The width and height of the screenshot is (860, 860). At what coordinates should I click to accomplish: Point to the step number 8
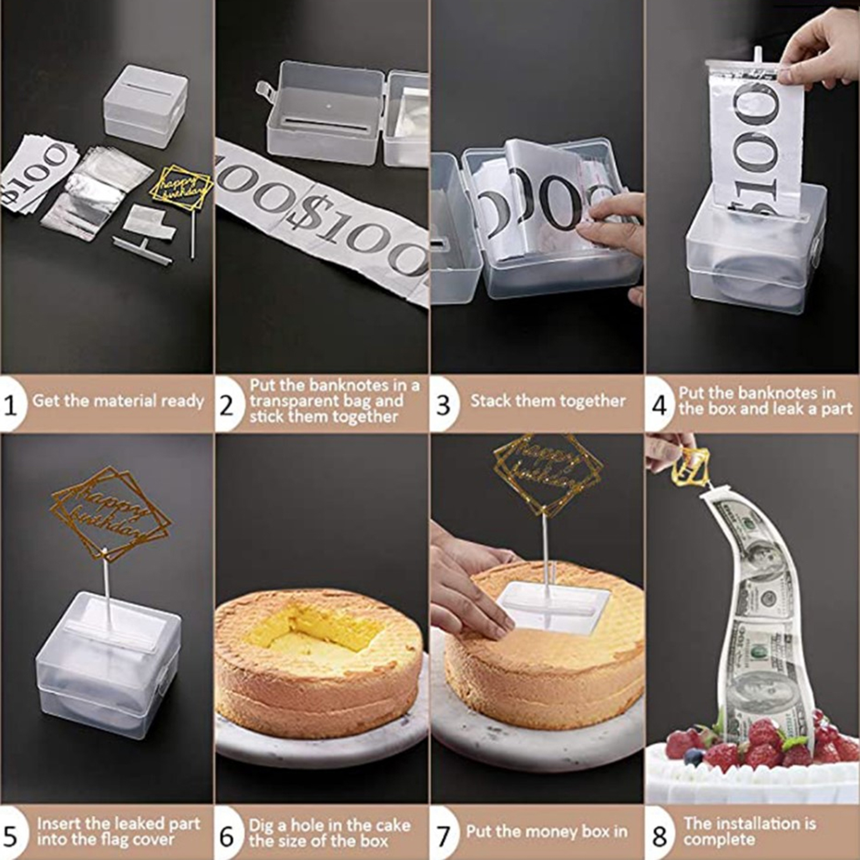(x=660, y=836)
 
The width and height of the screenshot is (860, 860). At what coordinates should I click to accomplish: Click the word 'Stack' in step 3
(x=491, y=401)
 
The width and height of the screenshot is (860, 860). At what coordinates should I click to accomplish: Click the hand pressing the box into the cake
(x=473, y=580)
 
